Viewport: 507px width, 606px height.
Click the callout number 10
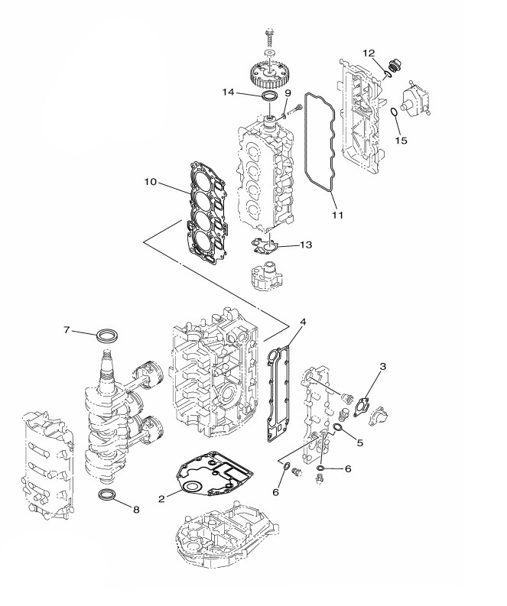point(151,181)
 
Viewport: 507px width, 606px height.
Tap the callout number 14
point(228,92)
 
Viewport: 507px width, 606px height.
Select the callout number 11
point(338,215)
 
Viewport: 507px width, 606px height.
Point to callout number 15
point(401,140)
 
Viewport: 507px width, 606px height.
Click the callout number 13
point(306,245)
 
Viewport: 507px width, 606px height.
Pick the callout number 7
point(67,329)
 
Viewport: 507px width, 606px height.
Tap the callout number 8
point(136,510)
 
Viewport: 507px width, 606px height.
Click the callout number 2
point(161,499)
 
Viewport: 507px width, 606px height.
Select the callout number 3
point(382,365)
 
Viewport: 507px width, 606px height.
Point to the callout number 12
point(369,52)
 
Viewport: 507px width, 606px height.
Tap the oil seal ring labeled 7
point(107,335)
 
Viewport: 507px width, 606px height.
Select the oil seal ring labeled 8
point(108,494)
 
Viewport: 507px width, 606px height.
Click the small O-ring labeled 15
point(394,112)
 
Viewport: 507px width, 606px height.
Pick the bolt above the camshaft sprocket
point(268,37)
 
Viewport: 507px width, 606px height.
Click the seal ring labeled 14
point(269,96)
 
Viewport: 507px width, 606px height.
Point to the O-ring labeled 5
point(337,426)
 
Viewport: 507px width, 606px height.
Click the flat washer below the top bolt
point(268,52)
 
